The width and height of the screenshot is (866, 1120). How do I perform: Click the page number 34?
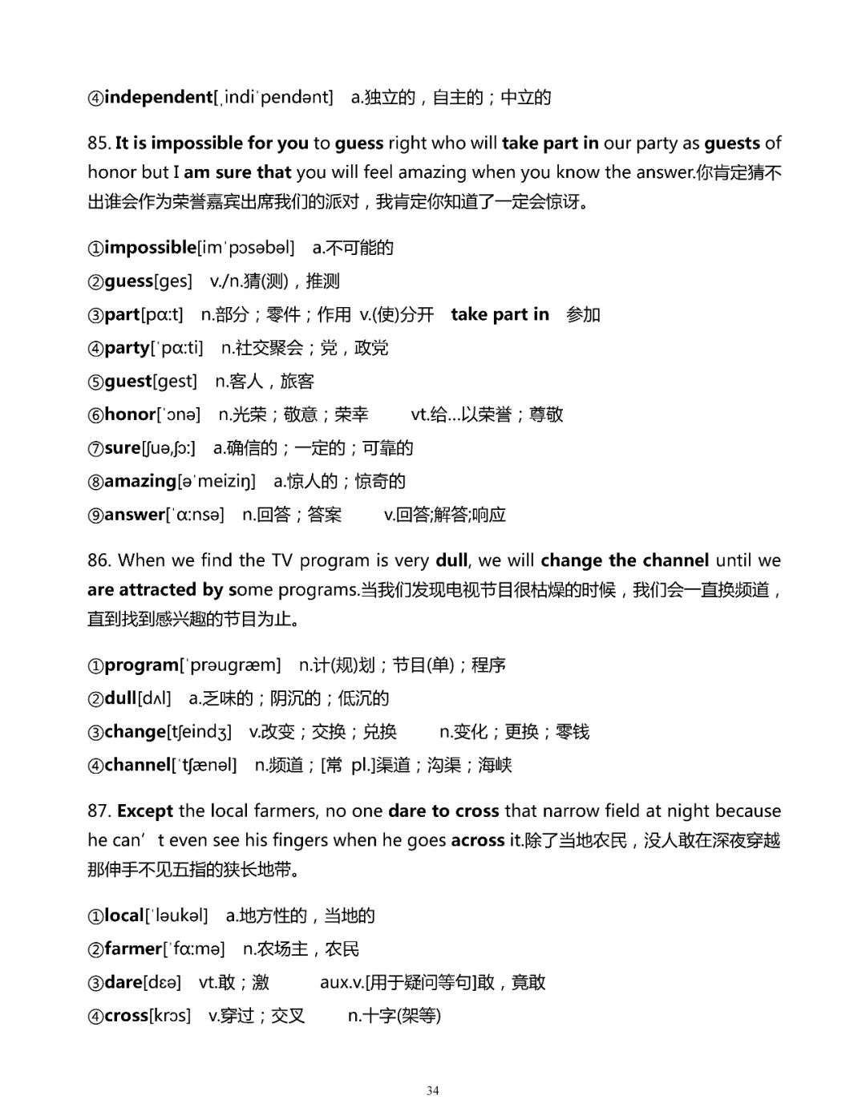coord(433,1090)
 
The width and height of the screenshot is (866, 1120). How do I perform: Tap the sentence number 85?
coord(99,144)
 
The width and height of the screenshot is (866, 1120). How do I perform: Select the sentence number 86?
coord(99,560)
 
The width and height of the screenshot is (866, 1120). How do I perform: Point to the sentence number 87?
coord(99,811)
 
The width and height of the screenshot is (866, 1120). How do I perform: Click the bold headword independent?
coord(159,97)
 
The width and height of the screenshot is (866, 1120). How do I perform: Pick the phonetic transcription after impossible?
coord(246,248)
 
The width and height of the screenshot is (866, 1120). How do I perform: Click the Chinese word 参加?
coord(583,314)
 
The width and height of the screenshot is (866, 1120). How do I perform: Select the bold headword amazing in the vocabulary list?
coord(140,481)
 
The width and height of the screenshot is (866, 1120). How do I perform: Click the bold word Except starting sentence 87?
coord(145,811)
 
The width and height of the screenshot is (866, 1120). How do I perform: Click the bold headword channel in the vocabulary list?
coord(138,765)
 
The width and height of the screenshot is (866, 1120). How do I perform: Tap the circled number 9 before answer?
coord(95,515)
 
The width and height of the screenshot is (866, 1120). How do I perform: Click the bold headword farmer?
coord(133,949)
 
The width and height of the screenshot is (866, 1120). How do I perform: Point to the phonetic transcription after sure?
coord(168,448)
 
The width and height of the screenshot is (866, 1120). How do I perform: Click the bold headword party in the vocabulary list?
coord(127,348)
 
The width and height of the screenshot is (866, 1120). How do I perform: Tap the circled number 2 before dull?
coord(95,698)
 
